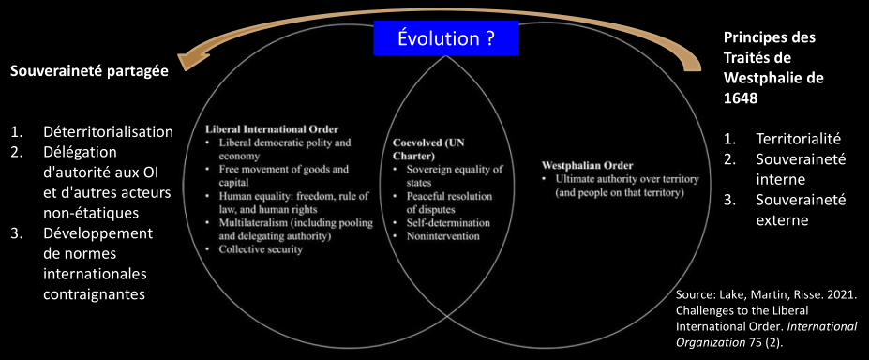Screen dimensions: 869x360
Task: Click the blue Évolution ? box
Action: coord(446,38)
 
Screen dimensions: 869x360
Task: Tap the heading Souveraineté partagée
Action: coord(90,72)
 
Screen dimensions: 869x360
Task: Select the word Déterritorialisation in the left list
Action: coord(109,132)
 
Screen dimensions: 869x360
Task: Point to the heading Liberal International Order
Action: coord(272,129)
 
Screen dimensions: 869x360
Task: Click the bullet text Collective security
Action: coord(261,249)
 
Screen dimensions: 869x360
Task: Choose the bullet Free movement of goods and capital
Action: coord(283,175)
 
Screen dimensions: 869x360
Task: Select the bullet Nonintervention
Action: coord(442,236)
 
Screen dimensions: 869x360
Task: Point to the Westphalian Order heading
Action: coord(588,166)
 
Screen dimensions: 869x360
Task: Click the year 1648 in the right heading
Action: coord(740,98)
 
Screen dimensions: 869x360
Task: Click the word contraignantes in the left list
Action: coord(95,293)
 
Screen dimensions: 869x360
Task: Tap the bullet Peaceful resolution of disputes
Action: coord(449,203)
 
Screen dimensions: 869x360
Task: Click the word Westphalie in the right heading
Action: coord(754,78)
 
